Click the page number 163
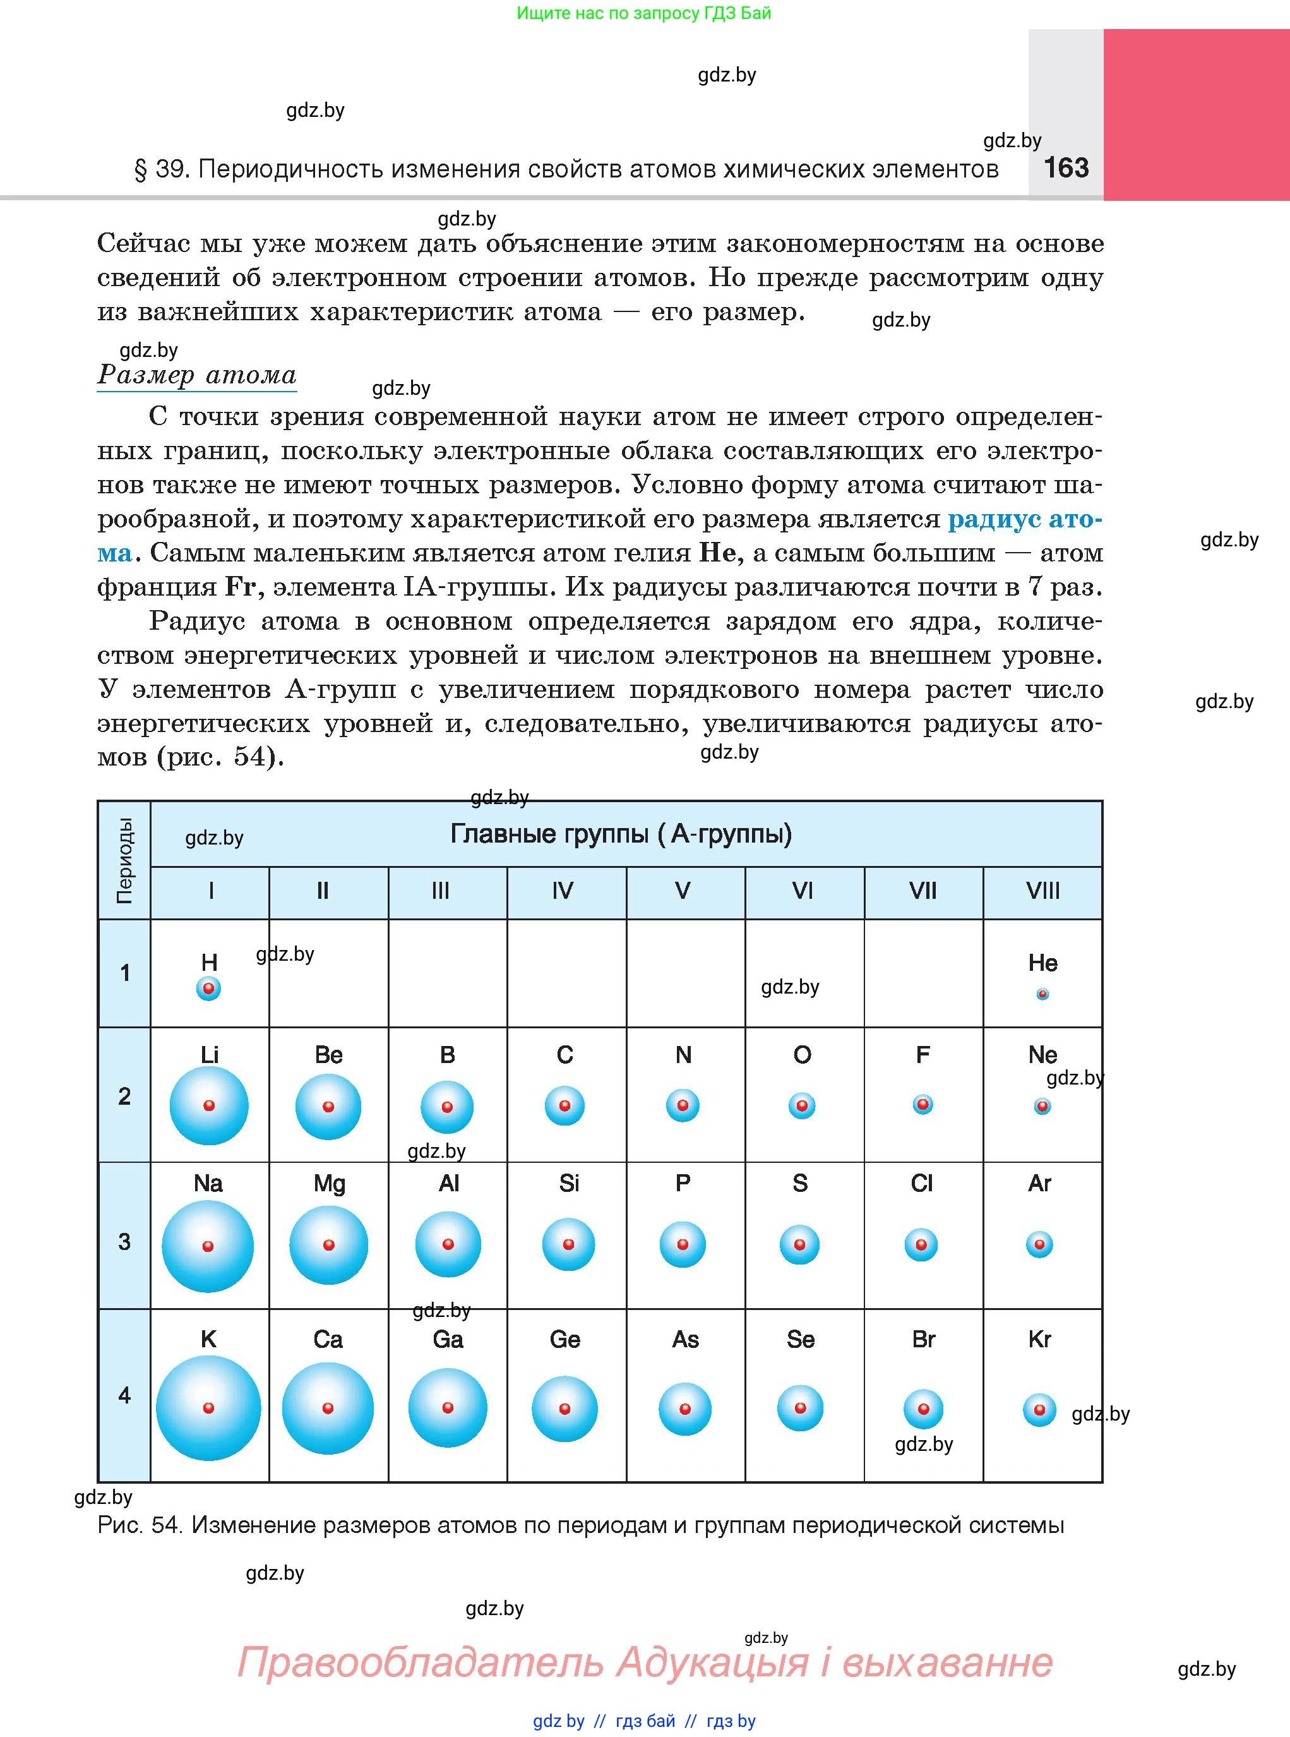[1065, 168]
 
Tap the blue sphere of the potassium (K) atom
[208, 1407]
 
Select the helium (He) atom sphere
[1042, 994]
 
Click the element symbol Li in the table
[209, 1054]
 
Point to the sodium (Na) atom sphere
[208, 1246]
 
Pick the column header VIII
[1042, 891]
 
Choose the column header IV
[563, 891]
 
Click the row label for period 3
[124, 1242]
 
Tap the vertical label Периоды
[124, 861]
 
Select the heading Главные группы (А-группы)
[621, 834]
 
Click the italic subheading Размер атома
[197, 375]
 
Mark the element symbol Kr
[1039, 1340]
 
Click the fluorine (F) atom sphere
[923, 1104]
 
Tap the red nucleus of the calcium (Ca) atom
[328, 1407]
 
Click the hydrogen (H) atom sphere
[208, 989]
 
